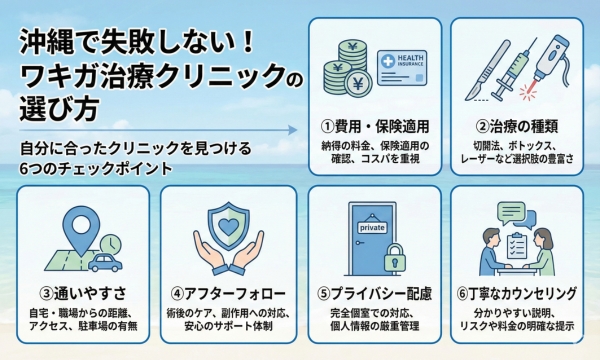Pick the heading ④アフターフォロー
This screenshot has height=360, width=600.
click(228, 294)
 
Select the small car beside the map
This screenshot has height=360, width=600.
click(104, 262)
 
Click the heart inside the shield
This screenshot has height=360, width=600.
click(228, 227)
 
